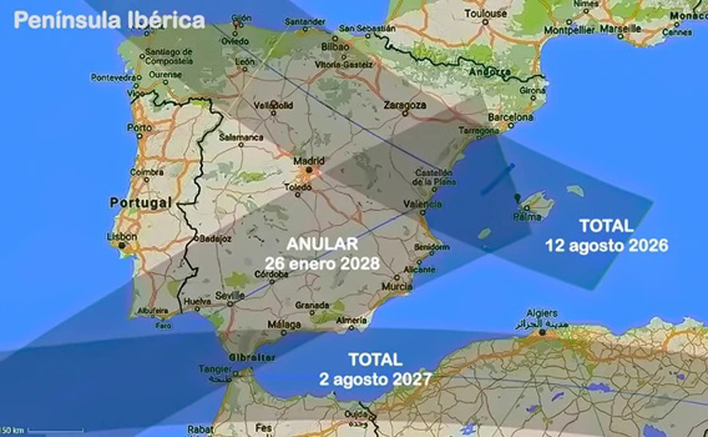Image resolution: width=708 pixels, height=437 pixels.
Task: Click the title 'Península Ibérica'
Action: point(110,20)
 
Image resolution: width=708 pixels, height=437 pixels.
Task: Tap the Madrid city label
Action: point(308,159)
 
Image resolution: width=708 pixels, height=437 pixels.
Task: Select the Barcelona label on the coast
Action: point(506,117)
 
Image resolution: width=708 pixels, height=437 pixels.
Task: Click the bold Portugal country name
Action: point(140,202)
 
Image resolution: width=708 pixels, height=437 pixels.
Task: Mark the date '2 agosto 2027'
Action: point(376,379)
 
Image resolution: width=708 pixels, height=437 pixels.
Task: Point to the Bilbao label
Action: point(335,46)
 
